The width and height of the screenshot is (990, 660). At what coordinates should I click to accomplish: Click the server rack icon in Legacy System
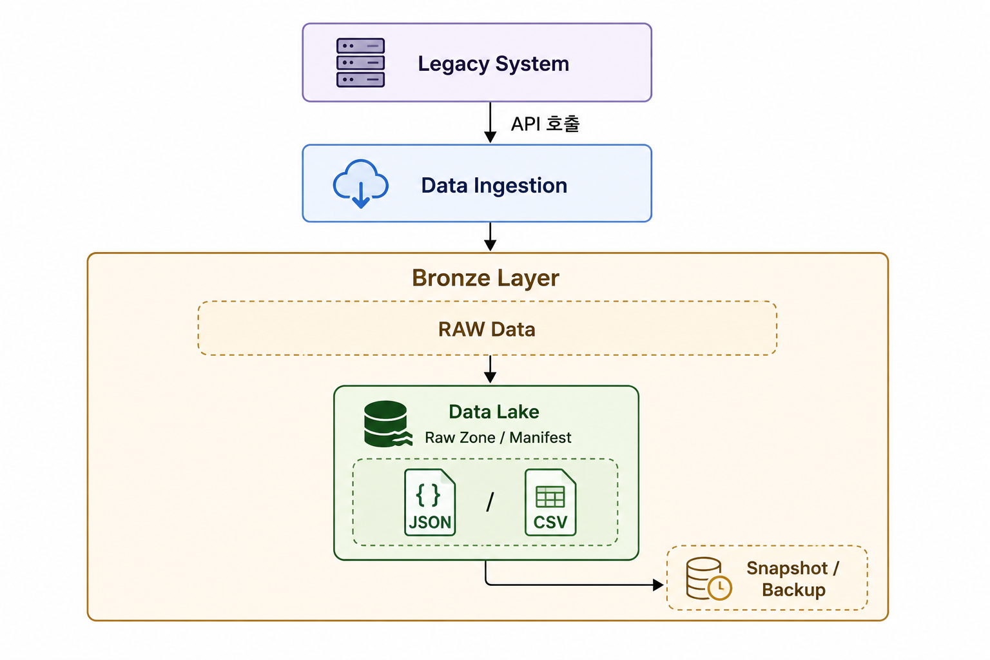(360, 63)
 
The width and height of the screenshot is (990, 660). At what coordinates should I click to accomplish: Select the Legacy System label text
(493, 64)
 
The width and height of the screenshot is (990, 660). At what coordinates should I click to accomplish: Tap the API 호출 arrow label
(545, 124)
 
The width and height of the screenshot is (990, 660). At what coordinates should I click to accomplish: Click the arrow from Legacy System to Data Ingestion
(490, 122)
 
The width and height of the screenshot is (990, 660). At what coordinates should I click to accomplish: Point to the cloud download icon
(361, 184)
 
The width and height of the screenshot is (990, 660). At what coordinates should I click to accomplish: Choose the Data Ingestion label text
(494, 186)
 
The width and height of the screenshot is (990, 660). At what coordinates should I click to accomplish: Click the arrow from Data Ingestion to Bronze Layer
(490, 237)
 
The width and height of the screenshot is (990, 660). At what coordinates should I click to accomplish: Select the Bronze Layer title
(486, 278)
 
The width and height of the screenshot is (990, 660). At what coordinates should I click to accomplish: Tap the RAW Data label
(487, 329)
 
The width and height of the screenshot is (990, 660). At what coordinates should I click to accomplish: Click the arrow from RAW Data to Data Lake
(490, 369)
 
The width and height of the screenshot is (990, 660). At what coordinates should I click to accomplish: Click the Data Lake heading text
(494, 412)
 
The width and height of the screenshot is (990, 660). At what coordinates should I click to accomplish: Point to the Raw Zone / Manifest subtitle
(498, 438)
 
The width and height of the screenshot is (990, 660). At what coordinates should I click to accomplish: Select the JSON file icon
(430, 502)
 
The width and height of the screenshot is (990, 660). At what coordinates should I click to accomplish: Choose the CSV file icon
(550, 502)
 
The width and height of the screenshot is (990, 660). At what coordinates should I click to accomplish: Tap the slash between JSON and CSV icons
(490, 502)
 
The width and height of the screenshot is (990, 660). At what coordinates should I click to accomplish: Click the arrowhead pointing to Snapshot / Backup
(658, 585)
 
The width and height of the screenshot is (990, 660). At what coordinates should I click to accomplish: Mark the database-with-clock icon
(708, 578)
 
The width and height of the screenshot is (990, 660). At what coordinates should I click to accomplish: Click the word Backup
(794, 590)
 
